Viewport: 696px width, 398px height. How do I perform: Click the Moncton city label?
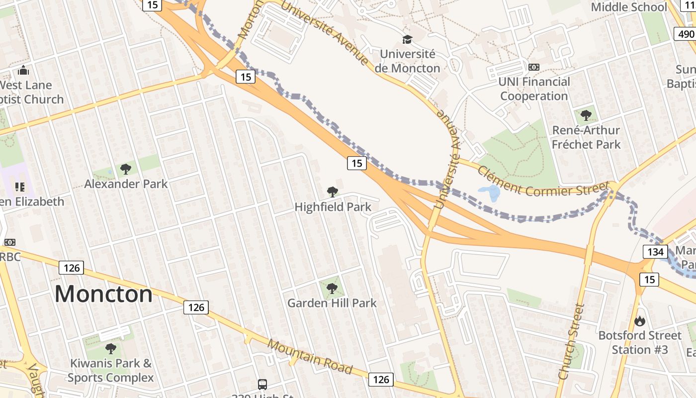[103, 294]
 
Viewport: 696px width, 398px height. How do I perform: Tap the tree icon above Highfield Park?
[332, 192]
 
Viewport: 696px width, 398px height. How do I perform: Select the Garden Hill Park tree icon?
[332, 288]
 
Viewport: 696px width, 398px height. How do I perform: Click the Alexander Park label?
[126, 184]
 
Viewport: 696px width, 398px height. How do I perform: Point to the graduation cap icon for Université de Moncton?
[407, 39]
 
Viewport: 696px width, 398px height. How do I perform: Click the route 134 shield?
[655, 252]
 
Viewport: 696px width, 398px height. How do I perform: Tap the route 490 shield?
[686, 34]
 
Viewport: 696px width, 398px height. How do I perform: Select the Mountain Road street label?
[310, 357]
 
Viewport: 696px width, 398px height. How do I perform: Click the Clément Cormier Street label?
[543, 181]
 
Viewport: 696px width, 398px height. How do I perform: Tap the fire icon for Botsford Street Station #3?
[640, 321]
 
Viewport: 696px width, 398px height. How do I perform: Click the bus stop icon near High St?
[262, 384]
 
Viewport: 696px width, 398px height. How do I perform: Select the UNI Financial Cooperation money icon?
[533, 67]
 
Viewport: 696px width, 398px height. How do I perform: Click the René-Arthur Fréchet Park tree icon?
[586, 116]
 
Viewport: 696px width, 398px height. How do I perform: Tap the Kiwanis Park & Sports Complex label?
[110, 370]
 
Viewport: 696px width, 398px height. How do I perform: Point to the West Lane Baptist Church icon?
[23, 71]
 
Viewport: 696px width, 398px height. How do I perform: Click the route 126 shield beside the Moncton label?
[72, 268]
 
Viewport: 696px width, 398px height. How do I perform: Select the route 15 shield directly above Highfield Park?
[356, 163]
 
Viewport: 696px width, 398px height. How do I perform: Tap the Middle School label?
[628, 7]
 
